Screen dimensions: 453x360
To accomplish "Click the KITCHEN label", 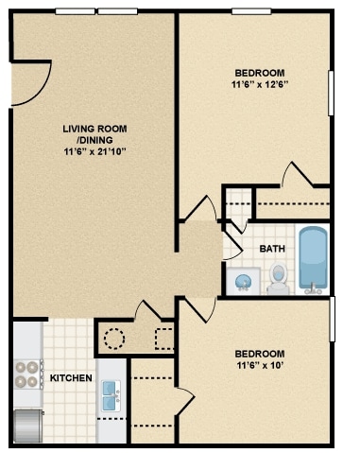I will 72,378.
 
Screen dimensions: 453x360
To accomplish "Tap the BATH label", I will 272,249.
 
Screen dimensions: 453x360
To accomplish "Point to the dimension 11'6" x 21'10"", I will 94,151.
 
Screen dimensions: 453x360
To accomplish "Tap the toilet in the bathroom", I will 279,279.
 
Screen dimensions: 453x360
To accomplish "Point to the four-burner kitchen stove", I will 27,375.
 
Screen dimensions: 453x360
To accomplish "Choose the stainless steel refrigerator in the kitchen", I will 28,425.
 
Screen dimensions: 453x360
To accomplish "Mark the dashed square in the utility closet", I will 163,339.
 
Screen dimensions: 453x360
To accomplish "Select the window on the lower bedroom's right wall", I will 333,319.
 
